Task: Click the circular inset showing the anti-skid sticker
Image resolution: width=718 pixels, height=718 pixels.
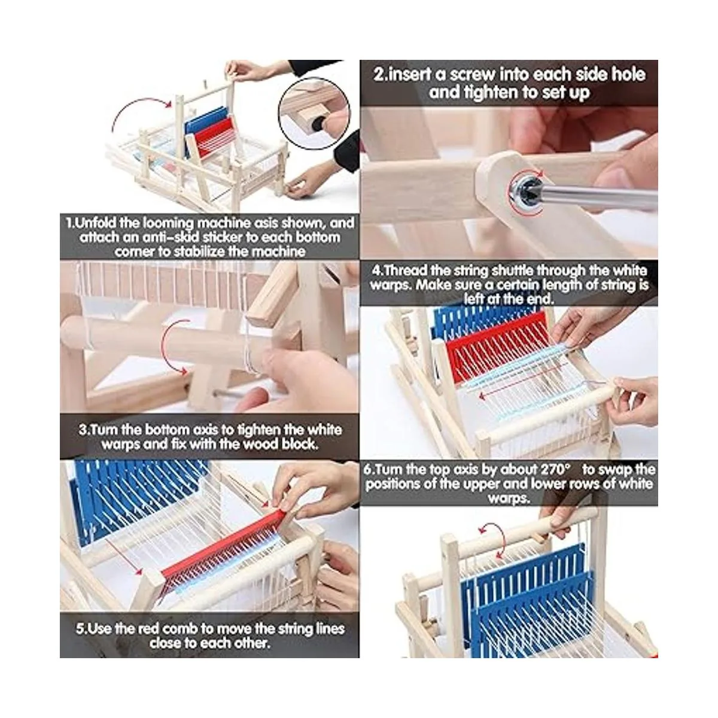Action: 314,113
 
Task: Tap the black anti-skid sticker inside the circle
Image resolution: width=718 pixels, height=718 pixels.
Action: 318,124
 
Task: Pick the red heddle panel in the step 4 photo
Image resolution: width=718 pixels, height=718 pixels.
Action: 497,345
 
